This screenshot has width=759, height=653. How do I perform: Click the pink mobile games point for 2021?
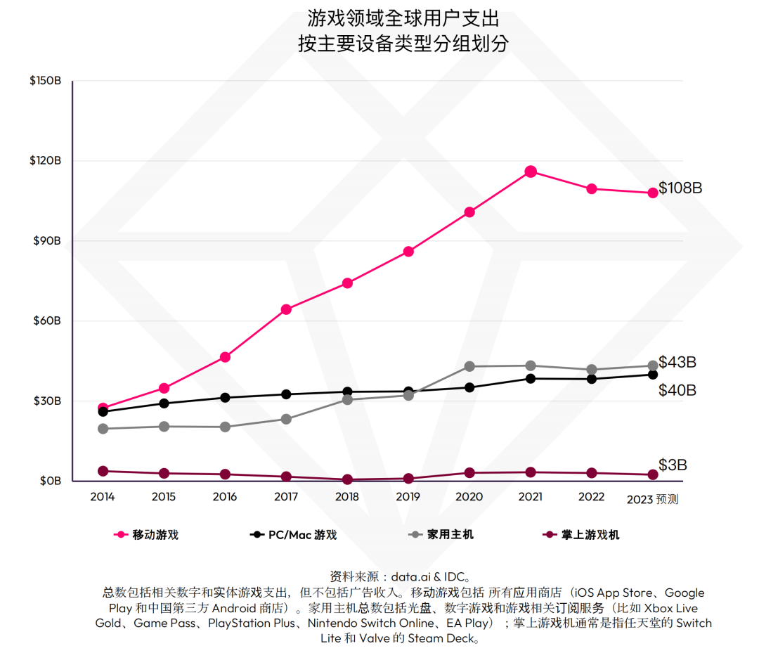tap(531, 172)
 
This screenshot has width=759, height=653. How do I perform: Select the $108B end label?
tap(680, 188)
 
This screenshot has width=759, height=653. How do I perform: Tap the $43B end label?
tap(677, 363)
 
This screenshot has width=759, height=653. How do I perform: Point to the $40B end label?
tap(677, 390)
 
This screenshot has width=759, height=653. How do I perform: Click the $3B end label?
tap(673, 465)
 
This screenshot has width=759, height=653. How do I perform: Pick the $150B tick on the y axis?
tap(46, 81)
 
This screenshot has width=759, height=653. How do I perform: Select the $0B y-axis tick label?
tap(49, 481)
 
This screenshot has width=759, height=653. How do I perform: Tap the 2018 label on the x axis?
tap(346, 497)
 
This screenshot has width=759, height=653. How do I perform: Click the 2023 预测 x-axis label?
tap(652, 499)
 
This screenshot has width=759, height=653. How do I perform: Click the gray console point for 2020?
tap(469, 366)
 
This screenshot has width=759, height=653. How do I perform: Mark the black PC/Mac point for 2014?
tap(103, 412)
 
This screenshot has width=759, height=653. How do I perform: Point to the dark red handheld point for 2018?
tap(346, 479)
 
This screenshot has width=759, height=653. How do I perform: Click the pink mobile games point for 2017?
tap(286, 309)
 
